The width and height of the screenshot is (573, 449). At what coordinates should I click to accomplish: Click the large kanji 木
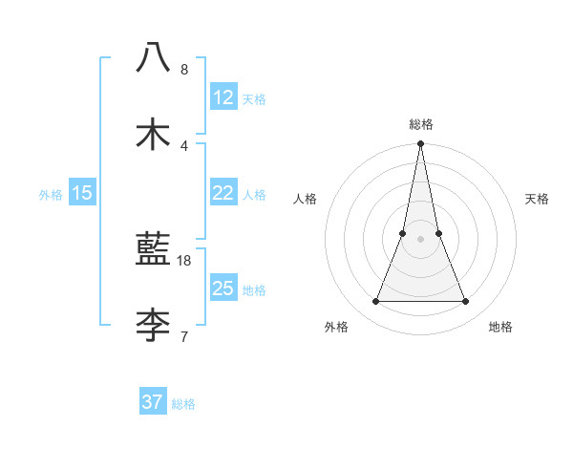pos(153,135)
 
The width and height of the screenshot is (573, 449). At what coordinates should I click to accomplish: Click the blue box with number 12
pos(223,97)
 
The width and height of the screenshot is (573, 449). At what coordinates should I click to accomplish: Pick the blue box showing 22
pos(223,193)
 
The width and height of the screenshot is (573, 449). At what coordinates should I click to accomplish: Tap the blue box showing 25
pos(223,289)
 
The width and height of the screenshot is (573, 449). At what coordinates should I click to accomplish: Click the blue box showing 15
pos(82,193)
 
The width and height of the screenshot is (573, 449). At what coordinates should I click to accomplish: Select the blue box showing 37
pos(153,402)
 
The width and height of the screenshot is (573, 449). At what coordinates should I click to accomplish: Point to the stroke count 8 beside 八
pos(184,70)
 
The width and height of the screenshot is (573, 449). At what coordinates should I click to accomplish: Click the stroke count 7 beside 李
pos(184,336)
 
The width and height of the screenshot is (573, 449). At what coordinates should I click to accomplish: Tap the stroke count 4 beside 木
pos(184,145)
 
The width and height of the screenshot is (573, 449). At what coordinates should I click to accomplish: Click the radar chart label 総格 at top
pos(420,124)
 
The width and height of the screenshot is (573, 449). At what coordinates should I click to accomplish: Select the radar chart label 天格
pos(537,199)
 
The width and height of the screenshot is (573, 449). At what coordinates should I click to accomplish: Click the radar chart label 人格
pos(305,199)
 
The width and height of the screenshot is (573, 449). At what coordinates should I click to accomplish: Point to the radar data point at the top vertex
pos(420,144)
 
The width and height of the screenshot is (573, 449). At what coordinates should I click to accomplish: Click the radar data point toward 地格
pos(466,302)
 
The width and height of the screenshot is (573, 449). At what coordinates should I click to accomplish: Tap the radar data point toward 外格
pos(375,302)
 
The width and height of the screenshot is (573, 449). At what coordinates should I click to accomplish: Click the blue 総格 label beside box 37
pos(183,403)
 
